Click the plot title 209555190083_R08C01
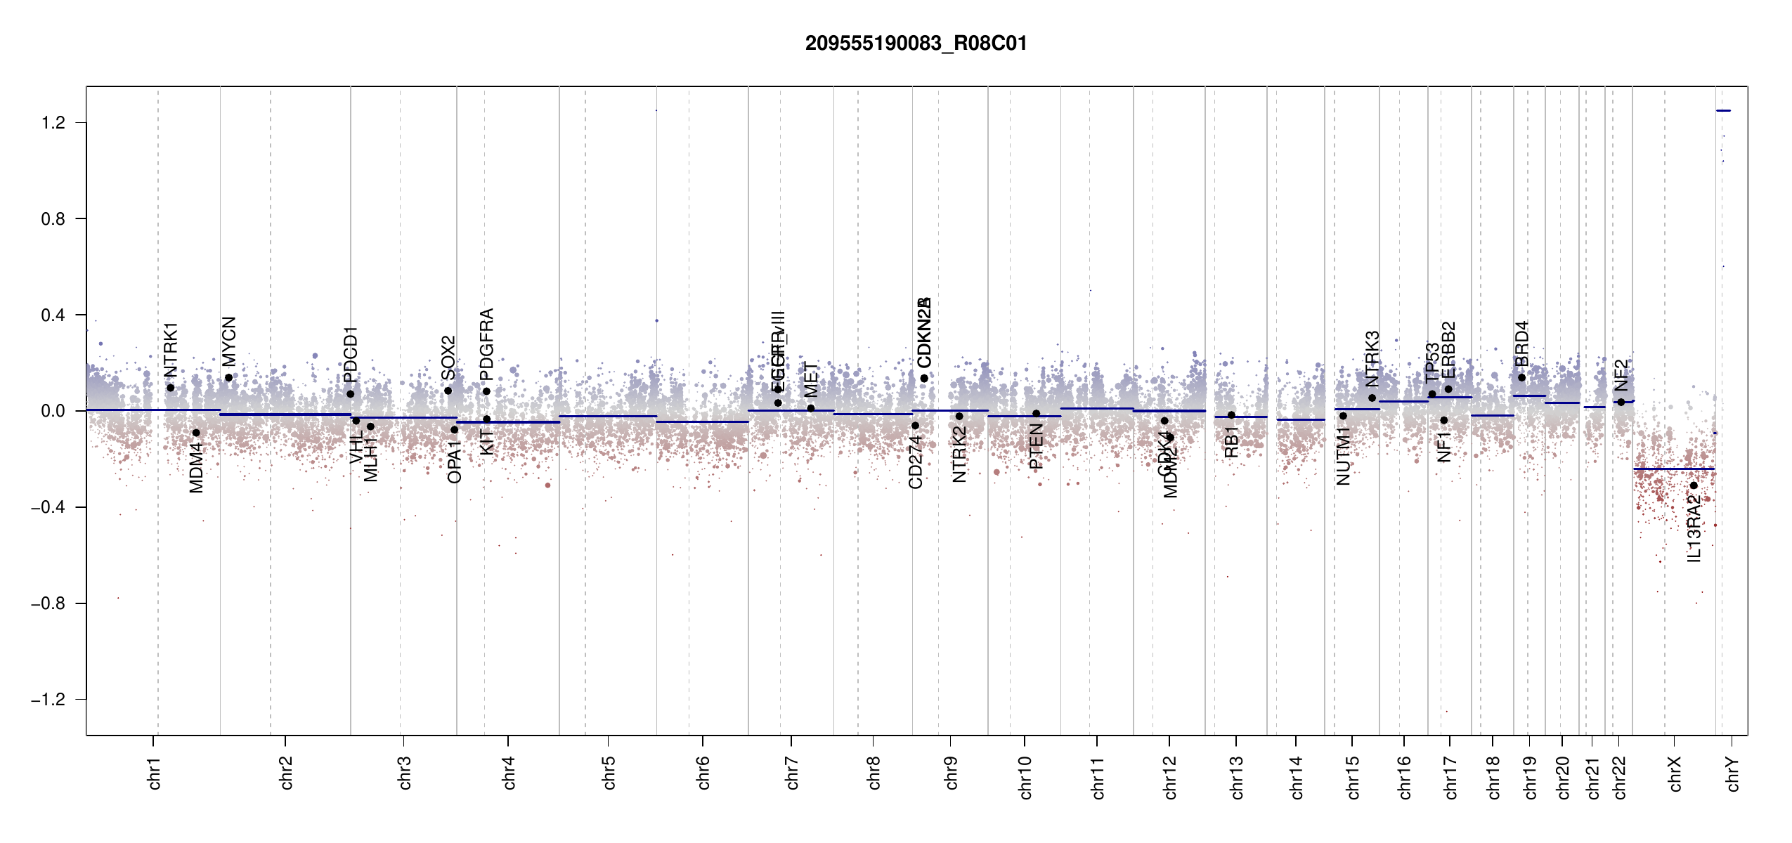point(916,44)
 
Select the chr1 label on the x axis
point(154,773)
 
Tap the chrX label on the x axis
point(1675,773)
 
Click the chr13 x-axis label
point(1236,777)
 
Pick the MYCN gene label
point(228,341)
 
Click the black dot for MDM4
point(196,433)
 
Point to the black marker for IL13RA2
point(1694,485)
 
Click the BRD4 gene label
point(1521,344)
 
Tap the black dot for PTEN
point(1036,414)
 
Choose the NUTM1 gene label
point(1343,457)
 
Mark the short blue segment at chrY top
point(1723,111)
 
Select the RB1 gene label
point(1231,442)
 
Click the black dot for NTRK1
point(170,388)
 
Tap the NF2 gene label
point(1621,375)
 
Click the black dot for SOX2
point(448,391)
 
